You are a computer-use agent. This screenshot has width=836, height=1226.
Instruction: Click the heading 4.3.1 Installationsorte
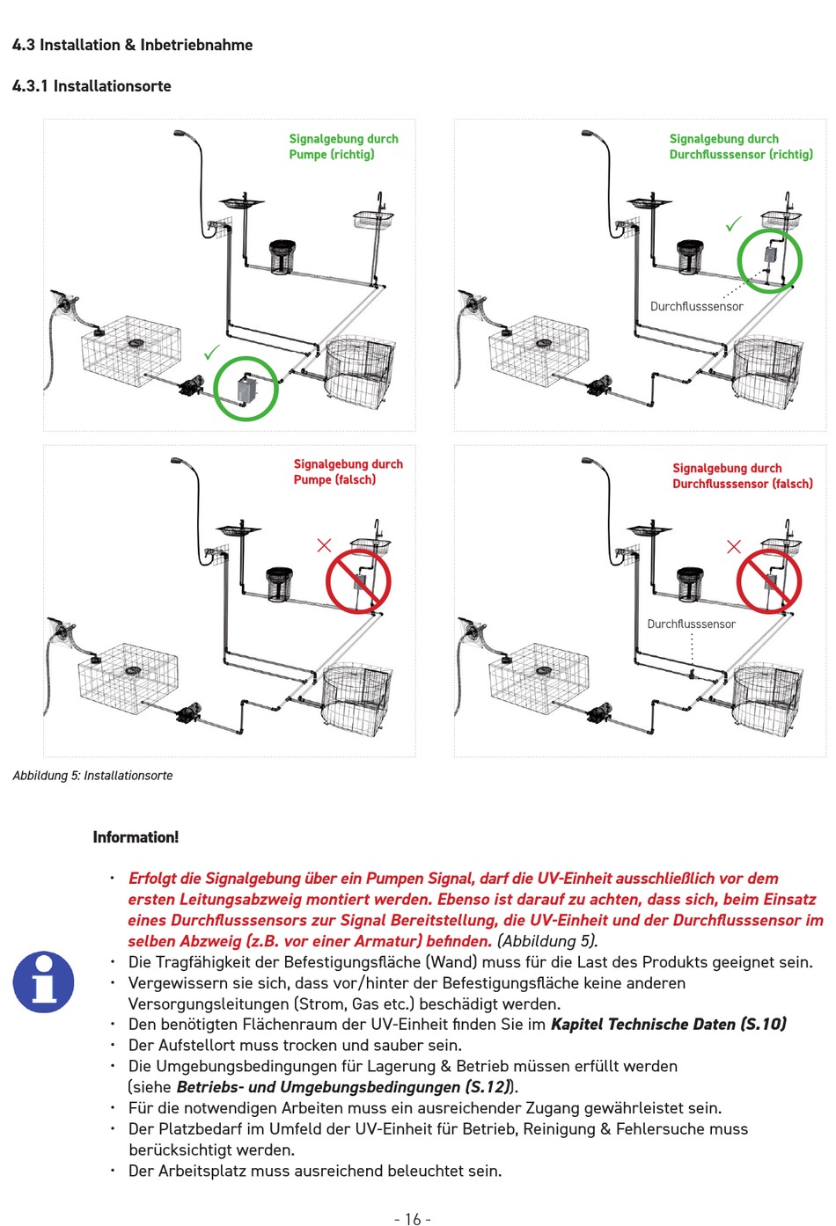coord(92,86)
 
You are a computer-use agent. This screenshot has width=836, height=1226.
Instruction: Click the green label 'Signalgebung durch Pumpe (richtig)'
coord(343,147)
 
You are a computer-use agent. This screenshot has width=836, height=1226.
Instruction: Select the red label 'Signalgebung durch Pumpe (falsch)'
coord(348,471)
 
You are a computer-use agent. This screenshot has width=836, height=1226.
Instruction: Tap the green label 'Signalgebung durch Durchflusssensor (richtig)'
coord(741,147)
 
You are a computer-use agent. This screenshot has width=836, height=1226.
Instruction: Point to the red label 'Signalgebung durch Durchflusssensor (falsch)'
coord(743,476)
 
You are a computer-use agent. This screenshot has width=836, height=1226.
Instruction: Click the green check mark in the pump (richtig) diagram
coord(212,352)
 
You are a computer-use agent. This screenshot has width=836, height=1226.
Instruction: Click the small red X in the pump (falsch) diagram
coord(324,545)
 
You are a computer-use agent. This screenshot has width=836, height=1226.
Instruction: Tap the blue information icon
coord(43,982)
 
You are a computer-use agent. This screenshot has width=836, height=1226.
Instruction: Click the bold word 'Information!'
coord(136,837)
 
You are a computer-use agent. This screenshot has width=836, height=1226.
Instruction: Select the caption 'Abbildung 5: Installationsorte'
coord(92,775)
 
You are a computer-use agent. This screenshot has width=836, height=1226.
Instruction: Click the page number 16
coord(413,1219)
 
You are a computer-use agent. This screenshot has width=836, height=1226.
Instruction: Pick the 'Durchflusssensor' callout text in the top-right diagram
coord(696,306)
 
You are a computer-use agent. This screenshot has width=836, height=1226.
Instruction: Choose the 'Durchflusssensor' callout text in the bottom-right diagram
coord(691,624)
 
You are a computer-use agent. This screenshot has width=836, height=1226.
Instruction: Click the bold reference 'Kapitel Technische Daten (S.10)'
coord(669,1024)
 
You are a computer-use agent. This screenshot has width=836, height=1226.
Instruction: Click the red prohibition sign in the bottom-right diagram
coord(768,581)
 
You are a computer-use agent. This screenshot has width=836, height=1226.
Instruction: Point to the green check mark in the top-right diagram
coord(734,223)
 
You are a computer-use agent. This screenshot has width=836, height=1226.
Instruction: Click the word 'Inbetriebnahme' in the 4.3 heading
coord(196,44)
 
